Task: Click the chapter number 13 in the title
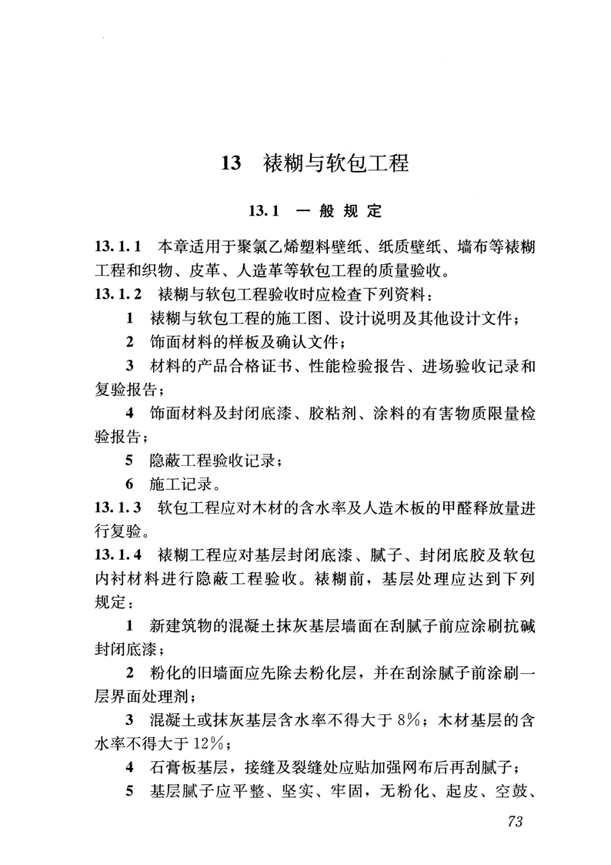coord(232,164)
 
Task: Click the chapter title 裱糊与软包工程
coord(336,164)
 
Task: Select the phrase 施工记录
coord(179,485)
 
